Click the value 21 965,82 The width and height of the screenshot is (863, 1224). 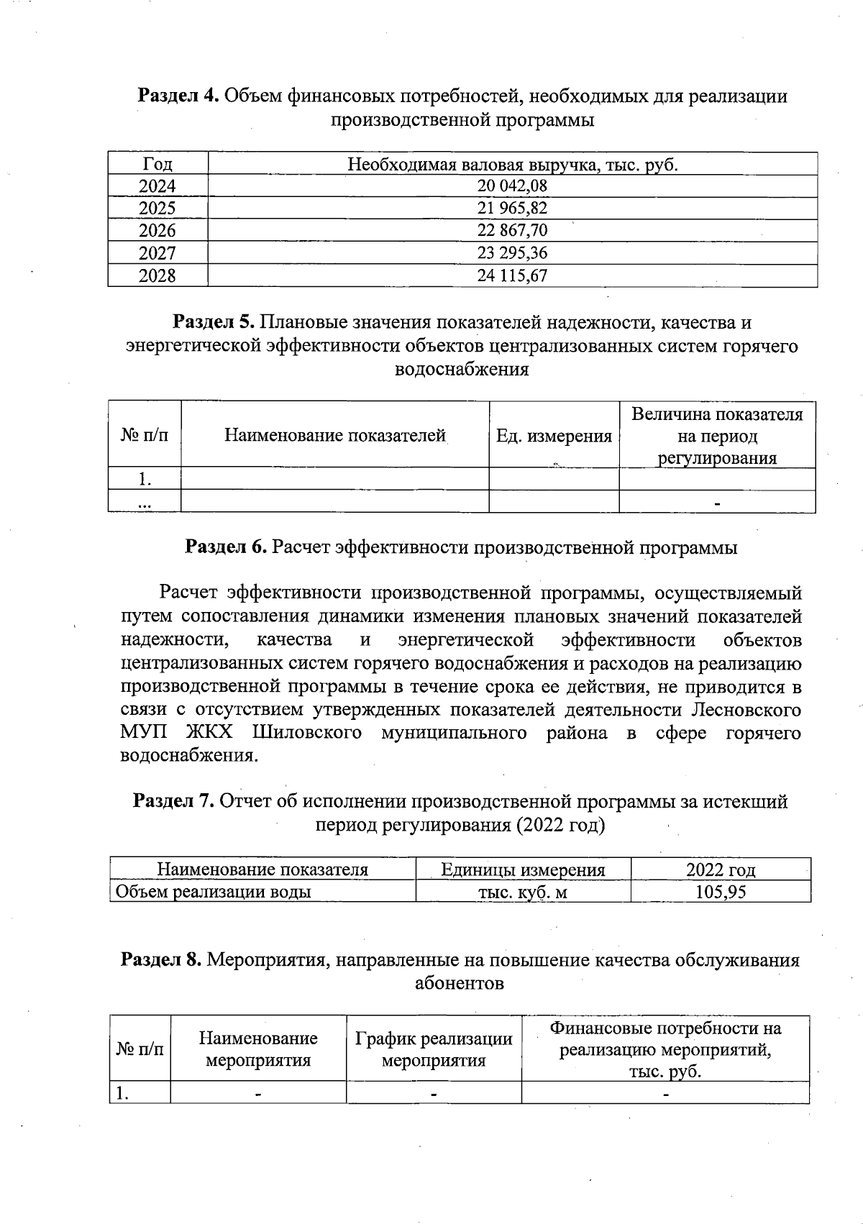tap(512, 209)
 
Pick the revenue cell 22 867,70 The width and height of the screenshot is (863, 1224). tap(512, 231)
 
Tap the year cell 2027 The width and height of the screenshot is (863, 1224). tap(157, 253)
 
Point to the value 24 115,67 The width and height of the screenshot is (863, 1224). tap(512, 275)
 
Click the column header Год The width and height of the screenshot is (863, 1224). tap(157, 165)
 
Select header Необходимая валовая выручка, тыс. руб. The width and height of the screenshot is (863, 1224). tap(512, 165)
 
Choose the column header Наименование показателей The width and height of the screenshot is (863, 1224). tap(334, 436)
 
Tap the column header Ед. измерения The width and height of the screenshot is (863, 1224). tap(554, 436)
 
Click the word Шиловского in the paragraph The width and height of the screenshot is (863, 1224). tap(306, 734)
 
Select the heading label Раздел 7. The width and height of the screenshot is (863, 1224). tap(173, 802)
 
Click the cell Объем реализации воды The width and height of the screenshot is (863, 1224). tap(214, 892)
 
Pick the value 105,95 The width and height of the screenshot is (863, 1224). tap(721, 892)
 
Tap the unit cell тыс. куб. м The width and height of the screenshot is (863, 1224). tap(523, 892)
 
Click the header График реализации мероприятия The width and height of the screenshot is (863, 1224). tap(434, 1049)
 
